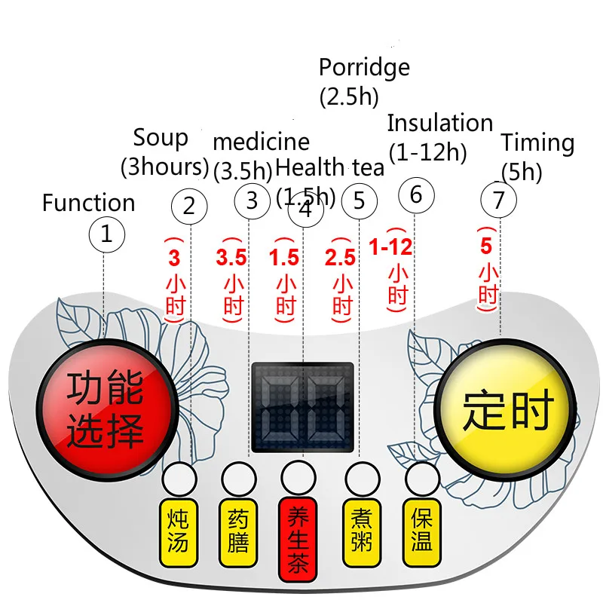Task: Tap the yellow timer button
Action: pyautogui.click(x=505, y=409)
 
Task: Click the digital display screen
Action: pyautogui.click(x=302, y=407)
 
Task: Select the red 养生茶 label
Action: pyautogui.click(x=298, y=539)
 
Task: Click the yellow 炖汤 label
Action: pyautogui.click(x=179, y=532)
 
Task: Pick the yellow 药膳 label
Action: pyautogui.click(x=238, y=532)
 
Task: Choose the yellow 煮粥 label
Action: pyautogui.click(x=362, y=532)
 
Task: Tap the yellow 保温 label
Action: pyautogui.click(x=421, y=532)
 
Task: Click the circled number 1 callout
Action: pyautogui.click(x=106, y=234)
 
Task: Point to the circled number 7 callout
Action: pyautogui.click(x=498, y=200)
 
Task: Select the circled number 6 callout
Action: pyautogui.click(x=416, y=195)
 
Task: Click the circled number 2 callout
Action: pyautogui.click(x=189, y=207)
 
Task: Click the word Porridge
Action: pyautogui.click(x=364, y=68)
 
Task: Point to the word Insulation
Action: pyautogui.click(x=440, y=123)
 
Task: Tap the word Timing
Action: pyautogui.click(x=537, y=143)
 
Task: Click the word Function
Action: pyautogui.click(x=88, y=202)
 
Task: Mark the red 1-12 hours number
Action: pyautogui.click(x=390, y=246)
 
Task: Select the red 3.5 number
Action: pyautogui.click(x=231, y=257)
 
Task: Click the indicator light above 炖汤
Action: pyautogui.click(x=179, y=479)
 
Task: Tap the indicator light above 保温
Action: pyautogui.click(x=422, y=479)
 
